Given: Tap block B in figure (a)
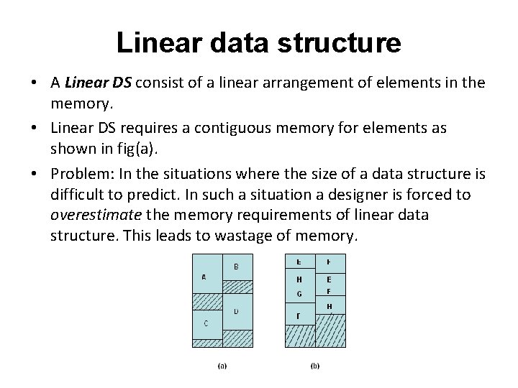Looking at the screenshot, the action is [237, 266].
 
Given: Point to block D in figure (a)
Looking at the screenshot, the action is [237, 312].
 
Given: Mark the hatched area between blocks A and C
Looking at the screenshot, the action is [206, 300].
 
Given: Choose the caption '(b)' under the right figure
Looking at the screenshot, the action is [315, 366].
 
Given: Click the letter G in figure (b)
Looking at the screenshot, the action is [299, 294].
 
